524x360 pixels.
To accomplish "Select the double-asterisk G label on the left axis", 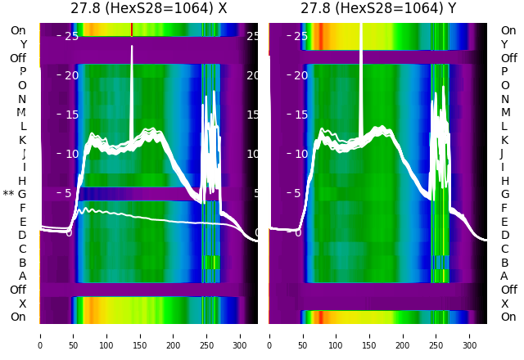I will coord(16,194).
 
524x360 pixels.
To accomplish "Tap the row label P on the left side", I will coord(23,71).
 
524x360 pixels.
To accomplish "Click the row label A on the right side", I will coord(504,276).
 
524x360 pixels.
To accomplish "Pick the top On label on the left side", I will coord(18,30).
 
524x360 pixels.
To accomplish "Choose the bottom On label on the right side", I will coord(508,317).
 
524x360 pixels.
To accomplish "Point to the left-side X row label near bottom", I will coord(23,304).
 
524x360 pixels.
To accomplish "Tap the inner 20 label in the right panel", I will coord(300,75).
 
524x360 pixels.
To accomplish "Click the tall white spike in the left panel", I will coord(132,82).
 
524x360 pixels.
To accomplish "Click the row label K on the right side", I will coord(504,140).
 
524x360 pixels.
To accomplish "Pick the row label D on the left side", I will coord(23,235).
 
